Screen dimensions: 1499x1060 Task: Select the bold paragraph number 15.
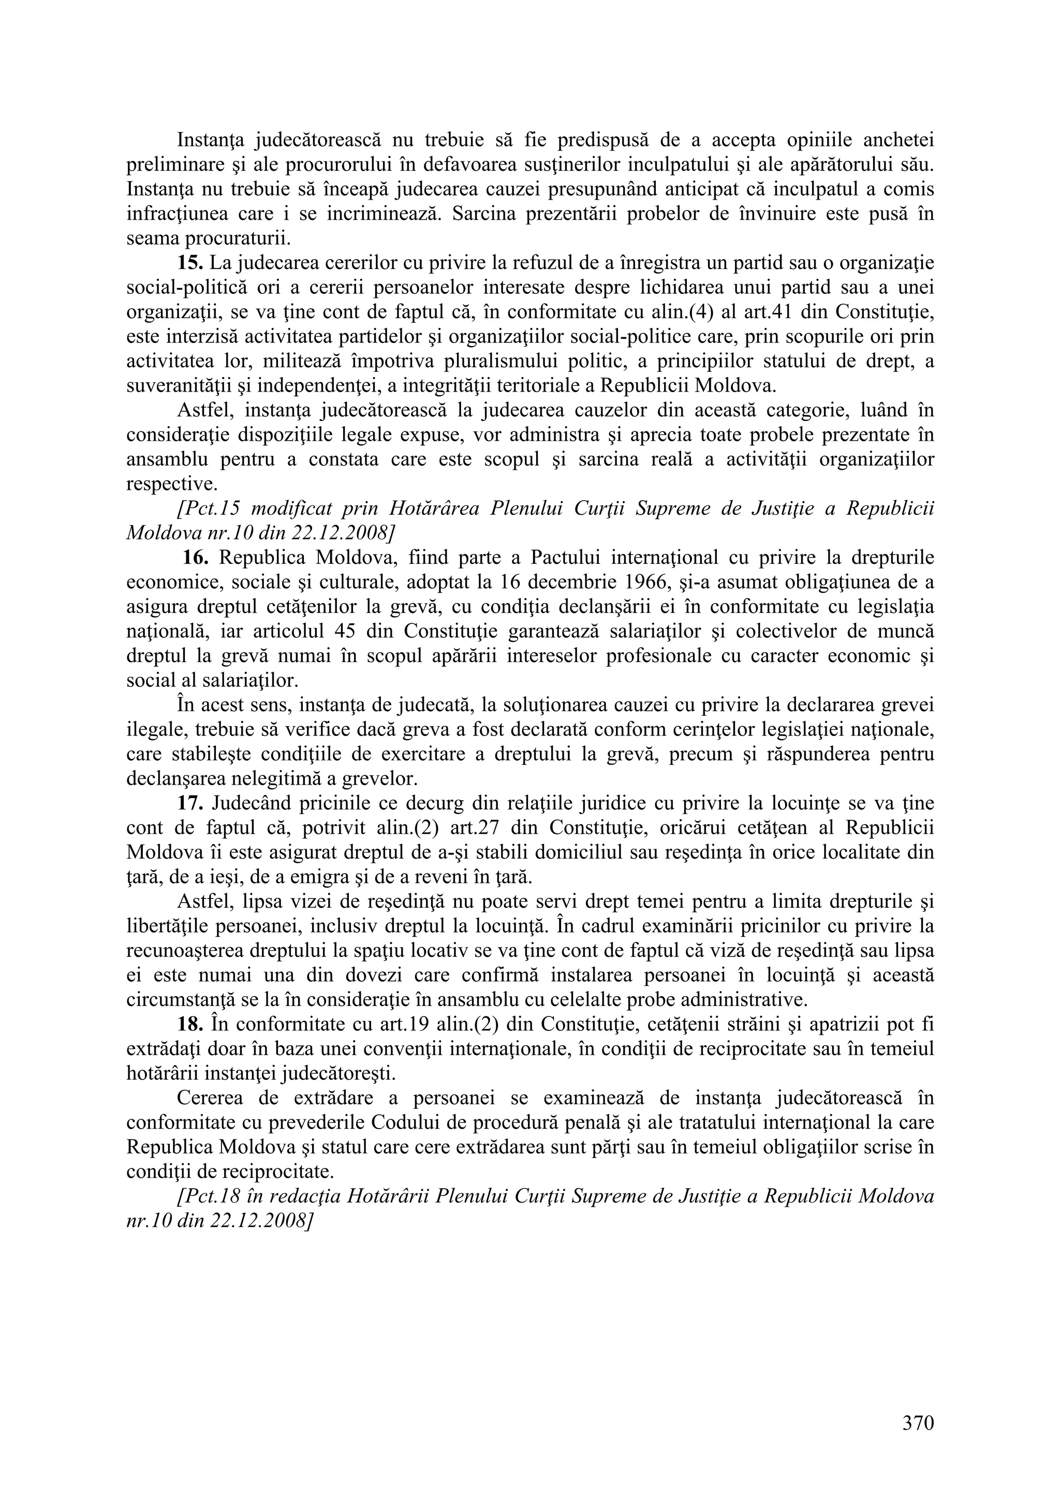click(x=190, y=263)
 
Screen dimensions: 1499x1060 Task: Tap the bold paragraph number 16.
click(x=195, y=558)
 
